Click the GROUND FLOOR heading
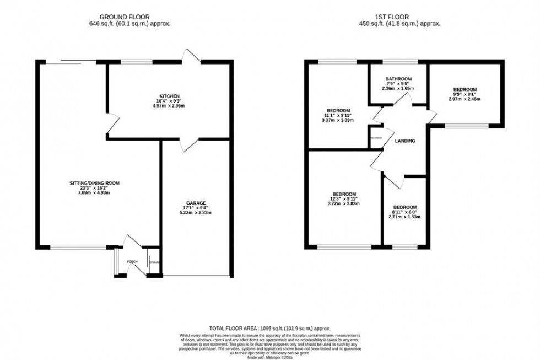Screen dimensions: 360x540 [x=134, y=16]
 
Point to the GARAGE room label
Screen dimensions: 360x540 [x=196, y=202]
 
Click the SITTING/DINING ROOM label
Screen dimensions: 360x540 [x=95, y=183]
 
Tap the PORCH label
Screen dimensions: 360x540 [x=132, y=262]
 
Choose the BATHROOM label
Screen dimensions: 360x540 [x=398, y=78]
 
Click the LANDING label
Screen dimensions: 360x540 [x=406, y=141]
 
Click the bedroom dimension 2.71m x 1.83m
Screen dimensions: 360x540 [x=405, y=217]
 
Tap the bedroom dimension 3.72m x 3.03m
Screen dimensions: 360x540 [x=344, y=203]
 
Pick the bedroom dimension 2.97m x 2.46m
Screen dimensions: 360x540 [x=465, y=99]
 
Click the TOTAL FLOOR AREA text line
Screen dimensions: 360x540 [x=269, y=328]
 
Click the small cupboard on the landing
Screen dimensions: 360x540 [x=376, y=138]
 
